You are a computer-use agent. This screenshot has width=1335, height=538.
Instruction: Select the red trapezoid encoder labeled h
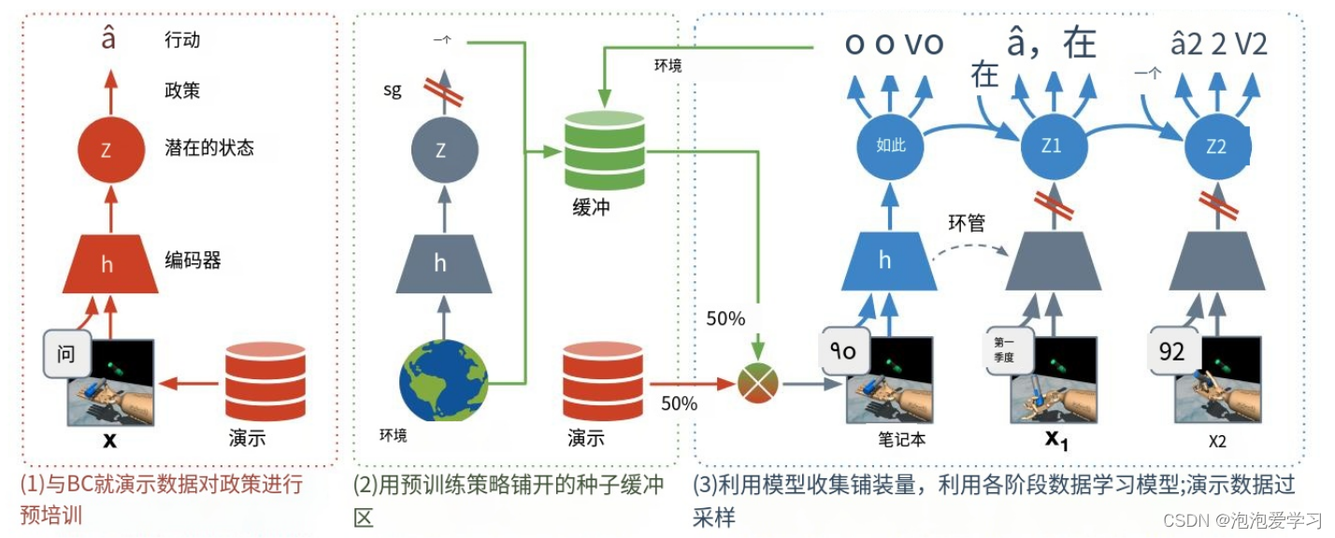click(x=106, y=263)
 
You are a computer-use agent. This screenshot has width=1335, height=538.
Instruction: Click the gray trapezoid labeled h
click(x=440, y=263)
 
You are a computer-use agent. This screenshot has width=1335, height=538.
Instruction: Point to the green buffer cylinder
click(x=603, y=151)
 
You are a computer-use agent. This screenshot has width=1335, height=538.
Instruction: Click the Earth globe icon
click(x=442, y=382)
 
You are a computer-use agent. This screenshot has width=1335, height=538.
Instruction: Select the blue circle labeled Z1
click(x=1052, y=147)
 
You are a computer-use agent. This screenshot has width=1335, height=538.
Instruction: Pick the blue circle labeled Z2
click(x=1216, y=147)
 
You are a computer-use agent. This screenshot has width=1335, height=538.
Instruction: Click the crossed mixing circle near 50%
click(x=759, y=383)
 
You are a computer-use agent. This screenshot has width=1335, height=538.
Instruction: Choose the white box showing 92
click(x=1171, y=351)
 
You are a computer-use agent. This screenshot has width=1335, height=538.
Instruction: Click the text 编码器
click(x=192, y=262)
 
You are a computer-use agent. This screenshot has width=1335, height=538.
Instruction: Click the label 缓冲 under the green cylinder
click(x=590, y=207)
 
